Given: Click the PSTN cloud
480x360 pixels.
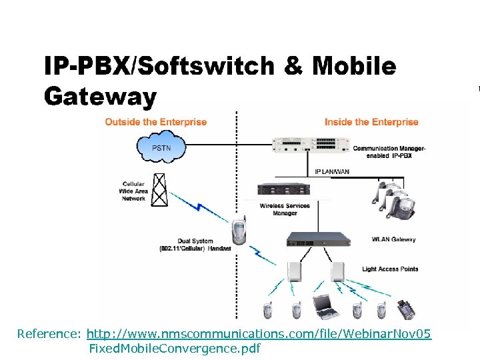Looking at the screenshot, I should click(x=160, y=148).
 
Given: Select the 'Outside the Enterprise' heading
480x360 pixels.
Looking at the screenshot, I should click(x=156, y=122).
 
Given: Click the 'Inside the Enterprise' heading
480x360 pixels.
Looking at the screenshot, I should click(x=371, y=122).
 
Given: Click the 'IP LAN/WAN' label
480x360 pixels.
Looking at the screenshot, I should click(x=331, y=172).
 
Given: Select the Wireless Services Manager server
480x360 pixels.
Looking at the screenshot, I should click(x=285, y=189).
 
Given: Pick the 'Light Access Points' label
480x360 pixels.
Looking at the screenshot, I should click(x=390, y=269).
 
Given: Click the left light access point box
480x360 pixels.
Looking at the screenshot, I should click(x=295, y=271).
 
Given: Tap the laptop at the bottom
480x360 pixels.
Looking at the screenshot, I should click(x=326, y=306).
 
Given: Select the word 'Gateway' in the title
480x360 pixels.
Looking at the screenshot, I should click(x=100, y=97).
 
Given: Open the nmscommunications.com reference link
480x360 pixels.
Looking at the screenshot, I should click(x=259, y=333).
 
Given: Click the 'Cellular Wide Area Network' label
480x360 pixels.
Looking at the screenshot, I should click(x=133, y=191).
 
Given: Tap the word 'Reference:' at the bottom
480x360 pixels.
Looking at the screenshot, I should click(x=49, y=333).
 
